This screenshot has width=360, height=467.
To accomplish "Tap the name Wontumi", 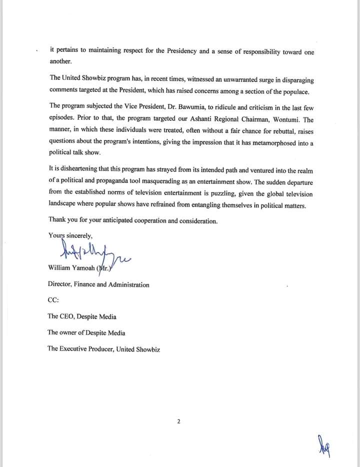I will [288, 120].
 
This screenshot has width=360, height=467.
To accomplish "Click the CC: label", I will [53, 300].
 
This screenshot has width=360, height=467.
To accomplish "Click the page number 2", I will [179, 421].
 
